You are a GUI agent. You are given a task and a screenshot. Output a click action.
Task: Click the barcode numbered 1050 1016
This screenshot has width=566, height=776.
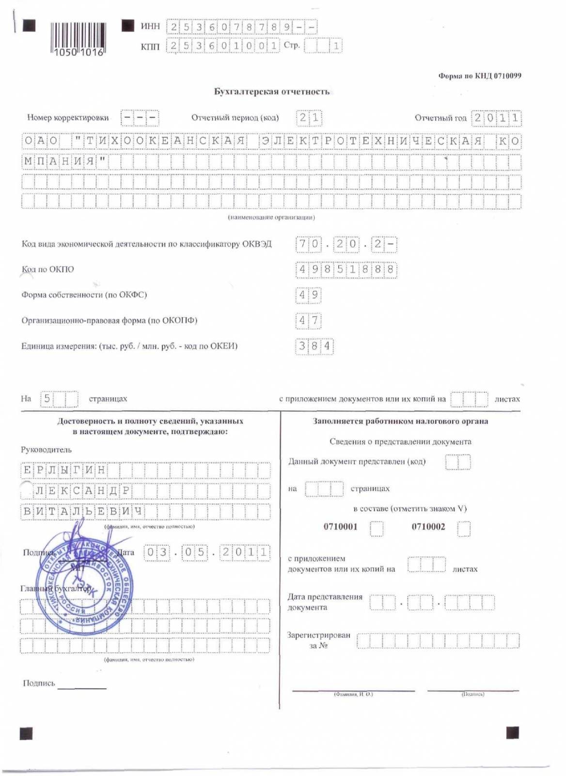[78, 39]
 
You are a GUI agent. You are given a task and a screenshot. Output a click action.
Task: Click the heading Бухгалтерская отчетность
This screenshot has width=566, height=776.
[271, 92]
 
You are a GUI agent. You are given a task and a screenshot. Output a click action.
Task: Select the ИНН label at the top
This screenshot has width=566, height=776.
[150, 26]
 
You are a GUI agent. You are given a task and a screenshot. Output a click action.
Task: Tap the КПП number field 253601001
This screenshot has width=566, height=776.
[223, 46]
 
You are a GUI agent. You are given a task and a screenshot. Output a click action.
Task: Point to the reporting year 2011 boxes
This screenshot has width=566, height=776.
[496, 118]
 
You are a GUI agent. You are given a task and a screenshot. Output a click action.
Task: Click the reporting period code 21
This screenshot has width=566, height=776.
[309, 118]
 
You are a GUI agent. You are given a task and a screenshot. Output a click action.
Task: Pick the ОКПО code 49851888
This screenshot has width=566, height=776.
[346, 270]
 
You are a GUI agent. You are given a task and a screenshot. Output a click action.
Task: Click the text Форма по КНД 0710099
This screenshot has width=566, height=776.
[479, 76]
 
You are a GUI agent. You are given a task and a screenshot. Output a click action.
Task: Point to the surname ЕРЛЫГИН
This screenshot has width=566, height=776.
[64, 470]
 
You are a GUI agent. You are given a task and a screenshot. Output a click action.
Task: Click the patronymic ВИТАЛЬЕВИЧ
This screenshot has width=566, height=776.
[83, 511]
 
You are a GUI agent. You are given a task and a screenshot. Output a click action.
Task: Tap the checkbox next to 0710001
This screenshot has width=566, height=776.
[377, 528]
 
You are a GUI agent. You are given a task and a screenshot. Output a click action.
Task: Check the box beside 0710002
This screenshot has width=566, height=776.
[464, 528]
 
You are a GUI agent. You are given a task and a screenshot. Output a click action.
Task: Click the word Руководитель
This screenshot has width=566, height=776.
[46, 450]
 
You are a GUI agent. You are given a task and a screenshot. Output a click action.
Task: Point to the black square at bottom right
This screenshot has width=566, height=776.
[512, 732]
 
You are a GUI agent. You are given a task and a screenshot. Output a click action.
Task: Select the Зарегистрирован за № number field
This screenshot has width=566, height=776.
[438, 641]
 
